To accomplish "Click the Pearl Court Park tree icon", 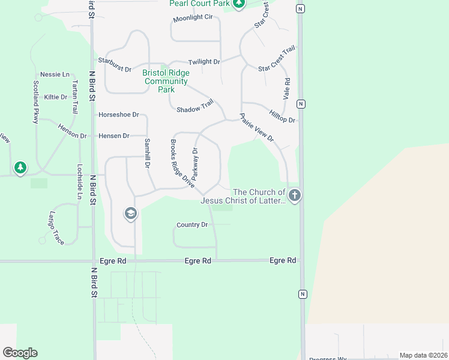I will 240,4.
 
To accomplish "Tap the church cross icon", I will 294,195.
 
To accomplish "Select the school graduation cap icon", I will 131,213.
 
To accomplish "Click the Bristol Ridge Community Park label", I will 166,81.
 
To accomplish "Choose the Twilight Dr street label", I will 204,62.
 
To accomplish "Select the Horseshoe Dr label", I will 118,114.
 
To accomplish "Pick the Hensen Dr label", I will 113,136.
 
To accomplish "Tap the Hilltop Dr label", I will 282,116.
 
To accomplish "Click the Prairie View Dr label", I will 257,128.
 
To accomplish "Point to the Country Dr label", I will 192,224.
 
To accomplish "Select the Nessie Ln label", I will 55,74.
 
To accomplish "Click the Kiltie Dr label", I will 55,97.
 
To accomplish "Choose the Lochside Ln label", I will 79,181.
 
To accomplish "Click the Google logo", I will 20,353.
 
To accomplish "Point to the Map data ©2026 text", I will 423,355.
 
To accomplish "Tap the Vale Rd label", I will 286,89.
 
